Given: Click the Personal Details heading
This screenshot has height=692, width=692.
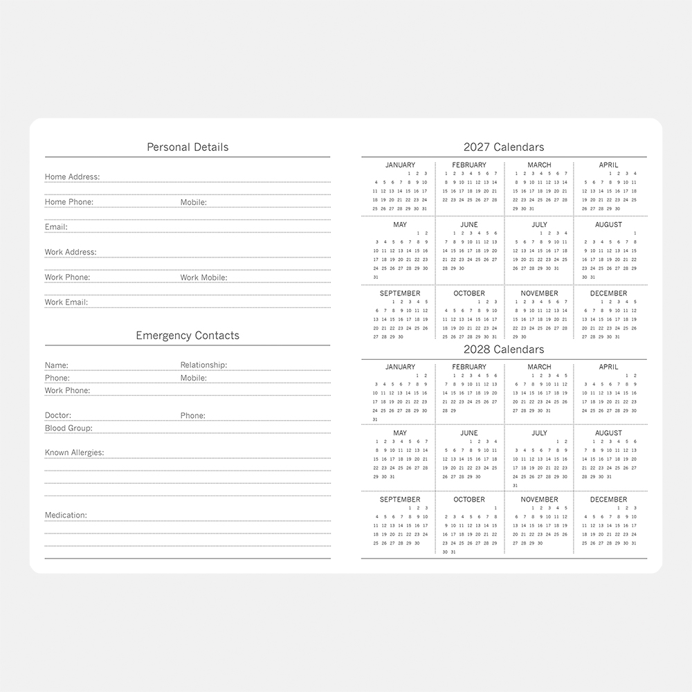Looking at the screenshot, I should click(188, 147).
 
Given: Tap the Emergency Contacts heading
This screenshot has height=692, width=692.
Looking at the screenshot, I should click(188, 336).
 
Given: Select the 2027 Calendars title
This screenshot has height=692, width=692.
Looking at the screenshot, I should click(504, 147).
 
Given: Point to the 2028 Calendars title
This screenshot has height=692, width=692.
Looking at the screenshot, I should click(504, 349).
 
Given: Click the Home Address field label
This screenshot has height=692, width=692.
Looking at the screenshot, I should click(72, 177).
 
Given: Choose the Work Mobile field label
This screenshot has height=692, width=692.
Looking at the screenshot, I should click(203, 277).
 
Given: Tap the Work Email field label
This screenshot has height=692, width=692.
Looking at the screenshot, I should click(66, 302).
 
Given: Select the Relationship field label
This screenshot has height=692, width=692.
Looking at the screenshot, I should click(203, 365).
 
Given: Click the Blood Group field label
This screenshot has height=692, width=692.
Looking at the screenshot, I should click(69, 428).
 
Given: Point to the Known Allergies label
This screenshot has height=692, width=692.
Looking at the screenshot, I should click(74, 453).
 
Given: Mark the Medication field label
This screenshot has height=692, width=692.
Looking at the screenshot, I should click(66, 516).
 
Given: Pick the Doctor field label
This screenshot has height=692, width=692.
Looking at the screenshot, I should click(58, 416).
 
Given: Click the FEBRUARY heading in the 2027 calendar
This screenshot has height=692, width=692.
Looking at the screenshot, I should click(469, 165).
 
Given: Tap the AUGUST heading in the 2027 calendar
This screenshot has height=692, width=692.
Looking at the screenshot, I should click(608, 225).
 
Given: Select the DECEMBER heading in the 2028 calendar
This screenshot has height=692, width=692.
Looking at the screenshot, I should click(608, 500).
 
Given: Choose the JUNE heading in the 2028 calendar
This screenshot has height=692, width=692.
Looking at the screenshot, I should click(469, 433).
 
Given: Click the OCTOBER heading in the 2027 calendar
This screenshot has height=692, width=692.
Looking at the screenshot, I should click(469, 293).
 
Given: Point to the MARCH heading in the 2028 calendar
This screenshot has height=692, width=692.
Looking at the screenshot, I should click(539, 367).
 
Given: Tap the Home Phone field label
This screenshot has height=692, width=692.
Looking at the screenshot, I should click(69, 202).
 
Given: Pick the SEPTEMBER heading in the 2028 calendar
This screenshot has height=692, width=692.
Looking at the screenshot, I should click(400, 500).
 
